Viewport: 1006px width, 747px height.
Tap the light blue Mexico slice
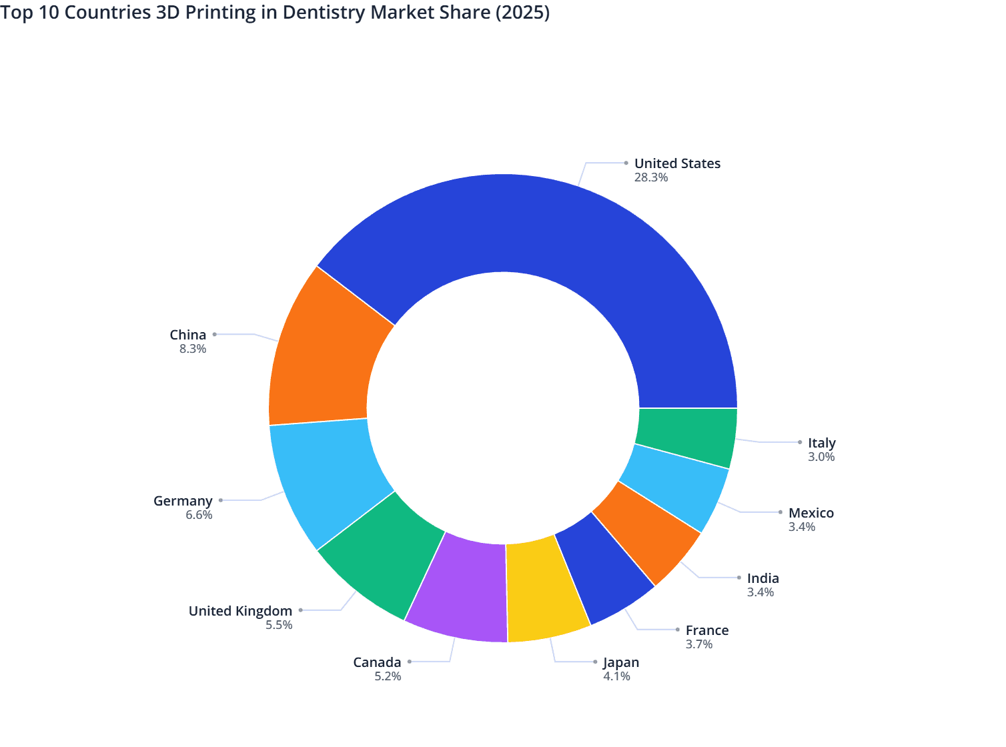[x=674, y=487]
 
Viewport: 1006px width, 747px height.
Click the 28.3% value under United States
[x=651, y=177]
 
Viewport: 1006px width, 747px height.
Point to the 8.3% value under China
[x=193, y=349]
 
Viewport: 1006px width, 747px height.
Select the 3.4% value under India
[x=761, y=592]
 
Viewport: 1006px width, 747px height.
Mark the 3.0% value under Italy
[x=821, y=457]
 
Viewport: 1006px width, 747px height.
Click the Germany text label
[x=183, y=501]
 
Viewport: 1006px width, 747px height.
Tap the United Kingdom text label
[x=240, y=611]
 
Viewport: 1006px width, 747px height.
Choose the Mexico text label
[x=811, y=513]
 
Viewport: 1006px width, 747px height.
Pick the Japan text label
[x=621, y=662]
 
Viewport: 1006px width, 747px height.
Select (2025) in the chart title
[x=522, y=13]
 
